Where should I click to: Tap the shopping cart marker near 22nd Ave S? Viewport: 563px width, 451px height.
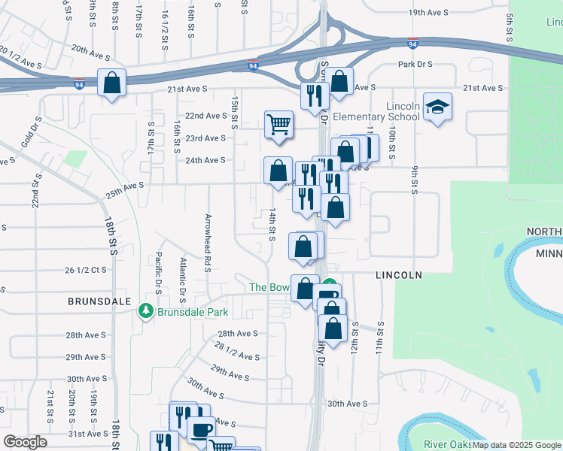(x=278, y=125)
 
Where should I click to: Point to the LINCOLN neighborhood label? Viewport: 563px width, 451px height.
(x=398, y=276)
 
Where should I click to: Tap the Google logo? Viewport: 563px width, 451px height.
(x=24, y=442)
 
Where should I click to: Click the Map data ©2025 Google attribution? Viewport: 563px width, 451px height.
(x=516, y=445)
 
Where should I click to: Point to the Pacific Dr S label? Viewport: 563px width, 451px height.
(x=159, y=272)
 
